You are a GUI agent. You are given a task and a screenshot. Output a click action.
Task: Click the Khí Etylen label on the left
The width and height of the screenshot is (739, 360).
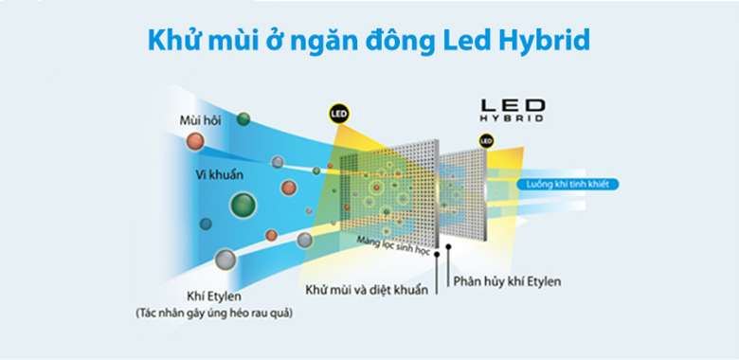coord(214,296)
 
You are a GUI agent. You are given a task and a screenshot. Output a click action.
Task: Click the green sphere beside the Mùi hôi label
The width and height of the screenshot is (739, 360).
coord(243,119)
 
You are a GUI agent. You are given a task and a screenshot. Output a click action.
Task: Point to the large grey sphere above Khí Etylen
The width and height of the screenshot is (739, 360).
coord(225,259)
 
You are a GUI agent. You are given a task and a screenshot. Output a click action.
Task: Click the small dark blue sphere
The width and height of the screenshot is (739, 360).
coord(205,224)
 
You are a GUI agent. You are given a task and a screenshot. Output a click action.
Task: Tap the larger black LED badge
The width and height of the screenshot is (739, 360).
coord(339,114)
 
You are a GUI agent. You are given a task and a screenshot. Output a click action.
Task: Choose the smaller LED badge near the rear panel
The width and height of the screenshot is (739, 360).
coord(486,142)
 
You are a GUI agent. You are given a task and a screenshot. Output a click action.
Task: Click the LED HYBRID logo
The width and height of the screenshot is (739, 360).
coord(512,110)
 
